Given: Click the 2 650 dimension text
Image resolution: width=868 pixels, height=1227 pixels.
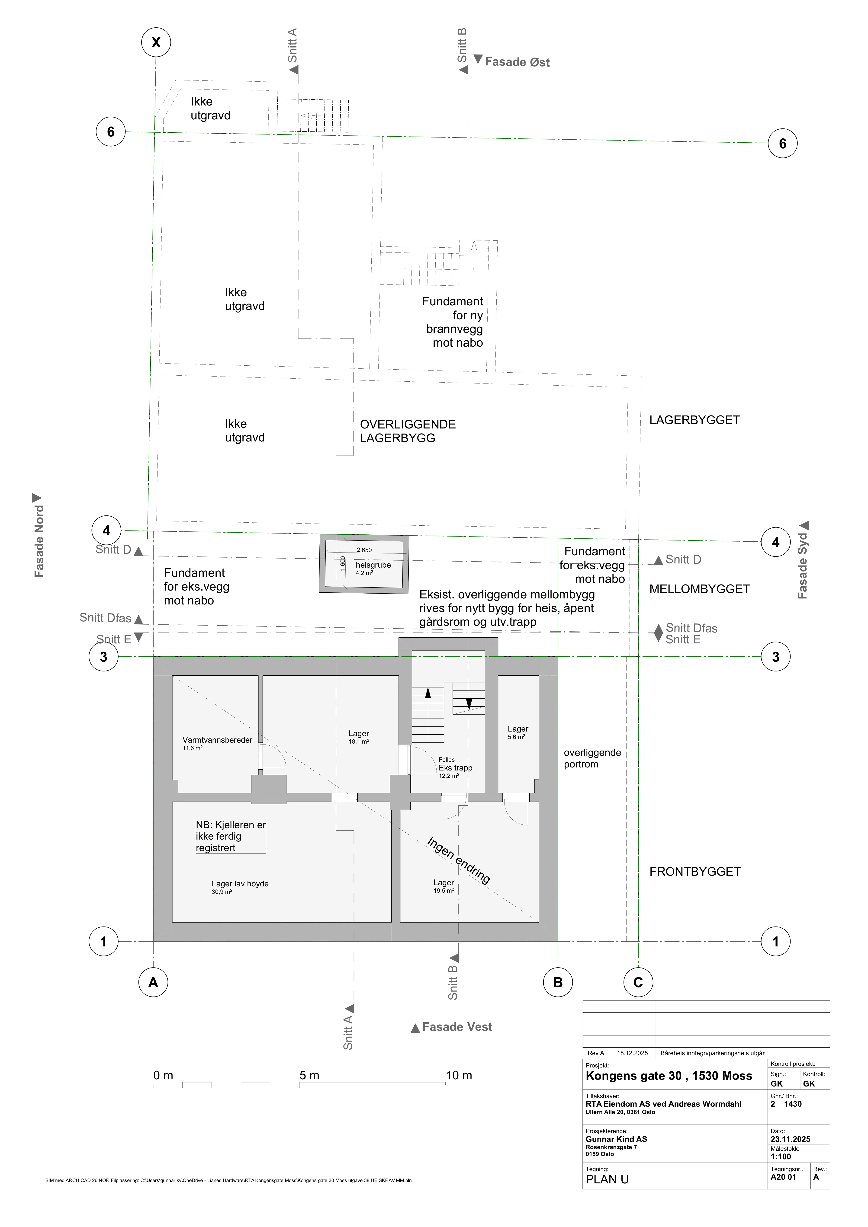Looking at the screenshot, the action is click(x=364, y=550).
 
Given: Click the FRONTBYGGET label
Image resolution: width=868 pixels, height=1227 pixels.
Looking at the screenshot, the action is click(x=695, y=872).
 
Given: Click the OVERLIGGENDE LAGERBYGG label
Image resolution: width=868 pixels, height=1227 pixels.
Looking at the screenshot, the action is click(x=408, y=431).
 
